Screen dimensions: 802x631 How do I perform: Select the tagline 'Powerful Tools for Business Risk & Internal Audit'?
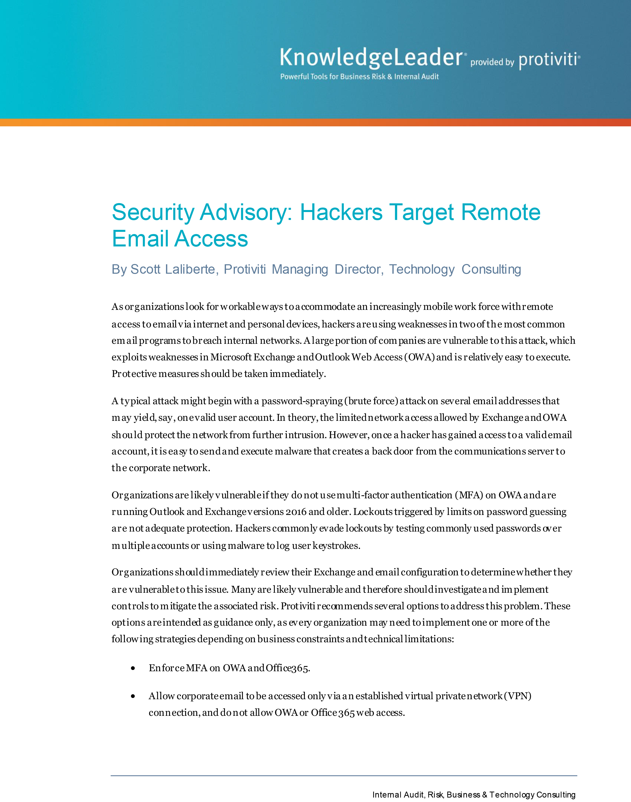click(x=359, y=77)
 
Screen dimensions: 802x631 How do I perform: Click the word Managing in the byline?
click(x=300, y=269)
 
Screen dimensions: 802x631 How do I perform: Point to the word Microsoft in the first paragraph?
click(x=231, y=357)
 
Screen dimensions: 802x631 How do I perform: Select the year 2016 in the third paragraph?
click(x=296, y=512)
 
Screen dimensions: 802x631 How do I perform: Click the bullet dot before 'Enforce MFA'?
click(x=133, y=668)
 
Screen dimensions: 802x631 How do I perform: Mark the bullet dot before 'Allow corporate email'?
click(x=133, y=696)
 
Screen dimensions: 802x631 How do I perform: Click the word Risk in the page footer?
click(x=435, y=795)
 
